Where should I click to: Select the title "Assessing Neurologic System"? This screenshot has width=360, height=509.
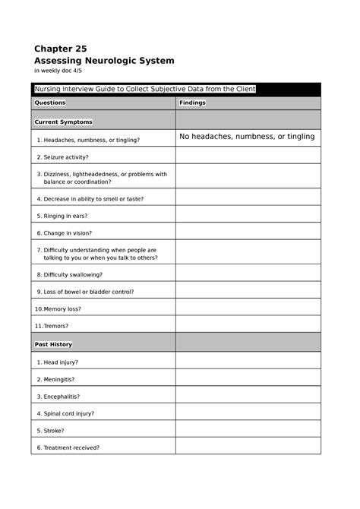click(x=104, y=60)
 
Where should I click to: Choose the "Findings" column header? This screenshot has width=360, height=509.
click(x=192, y=103)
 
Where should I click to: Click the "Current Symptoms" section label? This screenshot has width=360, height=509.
click(x=64, y=122)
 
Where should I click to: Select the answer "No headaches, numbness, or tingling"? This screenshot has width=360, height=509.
click(x=246, y=137)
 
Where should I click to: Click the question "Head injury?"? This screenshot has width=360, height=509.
click(x=61, y=362)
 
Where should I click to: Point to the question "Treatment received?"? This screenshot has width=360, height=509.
click(x=71, y=447)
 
